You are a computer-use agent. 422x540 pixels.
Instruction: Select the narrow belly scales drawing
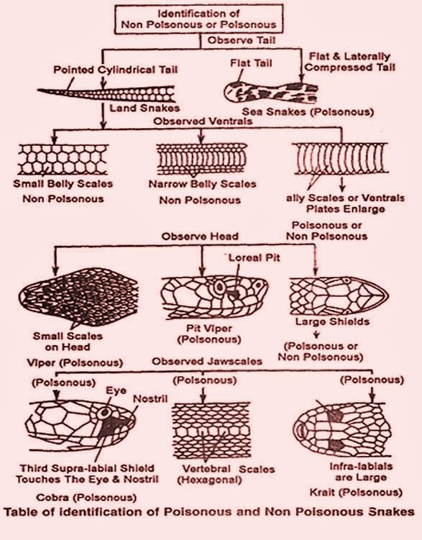pyautogui.click(x=193, y=158)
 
